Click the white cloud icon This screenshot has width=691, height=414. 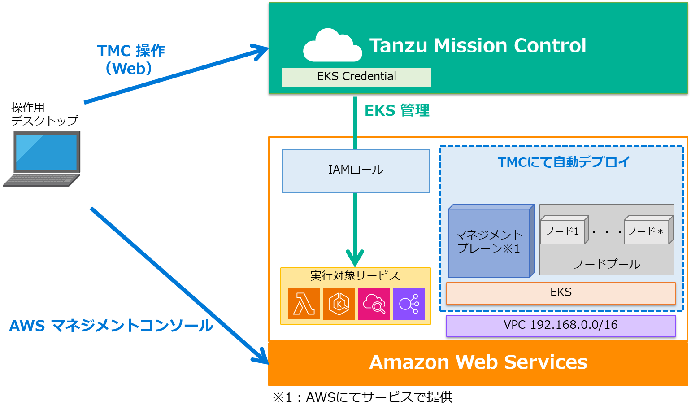[x=332, y=46]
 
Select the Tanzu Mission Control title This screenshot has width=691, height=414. [x=478, y=45]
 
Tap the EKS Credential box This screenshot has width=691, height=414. [x=356, y=77]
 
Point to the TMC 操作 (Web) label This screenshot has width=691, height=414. [x=130, y=59]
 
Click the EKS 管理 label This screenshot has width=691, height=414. [x=397, y=110]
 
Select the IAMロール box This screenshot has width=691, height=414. [x=356, y=170]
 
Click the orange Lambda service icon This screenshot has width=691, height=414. [x=304, y=304]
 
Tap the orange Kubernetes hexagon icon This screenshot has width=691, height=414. [x=339, y=304]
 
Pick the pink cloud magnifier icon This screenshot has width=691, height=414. [x=374, y=304]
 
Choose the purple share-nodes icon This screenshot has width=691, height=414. [x=409, y=304]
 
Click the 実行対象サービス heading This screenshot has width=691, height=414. [x=355, y=275]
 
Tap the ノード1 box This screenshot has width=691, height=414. [x=563, y=231]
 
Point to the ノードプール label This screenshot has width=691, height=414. [x=607, y=264]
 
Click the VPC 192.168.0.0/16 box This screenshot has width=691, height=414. [x=561, y=325]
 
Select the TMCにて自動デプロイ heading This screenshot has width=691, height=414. [x=564, y=162]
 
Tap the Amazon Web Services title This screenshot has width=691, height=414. [x=478, y=362]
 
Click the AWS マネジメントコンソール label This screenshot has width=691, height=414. [x=111, y=326]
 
